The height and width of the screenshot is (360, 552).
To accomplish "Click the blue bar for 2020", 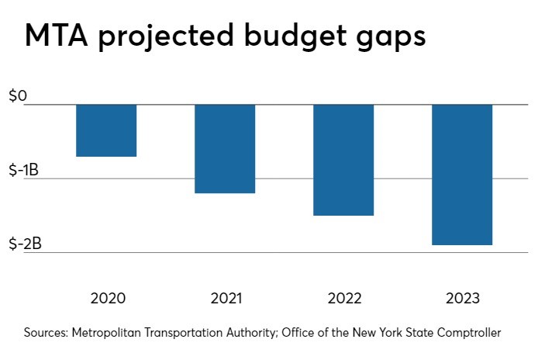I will tap(106, 130).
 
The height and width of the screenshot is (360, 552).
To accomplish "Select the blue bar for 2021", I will tap(225, 148).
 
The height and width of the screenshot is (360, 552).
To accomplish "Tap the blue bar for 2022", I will tap(343, 160).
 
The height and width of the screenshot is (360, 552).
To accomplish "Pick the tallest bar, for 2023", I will tap(462, 175).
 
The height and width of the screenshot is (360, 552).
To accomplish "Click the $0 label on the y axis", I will tap(17, 96).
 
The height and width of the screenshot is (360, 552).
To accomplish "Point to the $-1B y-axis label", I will tap(25, 170).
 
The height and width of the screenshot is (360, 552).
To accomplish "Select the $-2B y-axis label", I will tap(25, 244).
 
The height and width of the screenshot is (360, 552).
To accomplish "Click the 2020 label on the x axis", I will tap(107, 299).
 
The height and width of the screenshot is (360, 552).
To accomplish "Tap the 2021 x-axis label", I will tap(225, 299).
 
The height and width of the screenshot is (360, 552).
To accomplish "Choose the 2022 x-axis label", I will tap(343, 299).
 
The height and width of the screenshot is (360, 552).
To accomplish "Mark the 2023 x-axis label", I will tap(462, 299).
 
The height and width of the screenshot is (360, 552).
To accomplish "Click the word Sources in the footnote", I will tap(45, 333).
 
